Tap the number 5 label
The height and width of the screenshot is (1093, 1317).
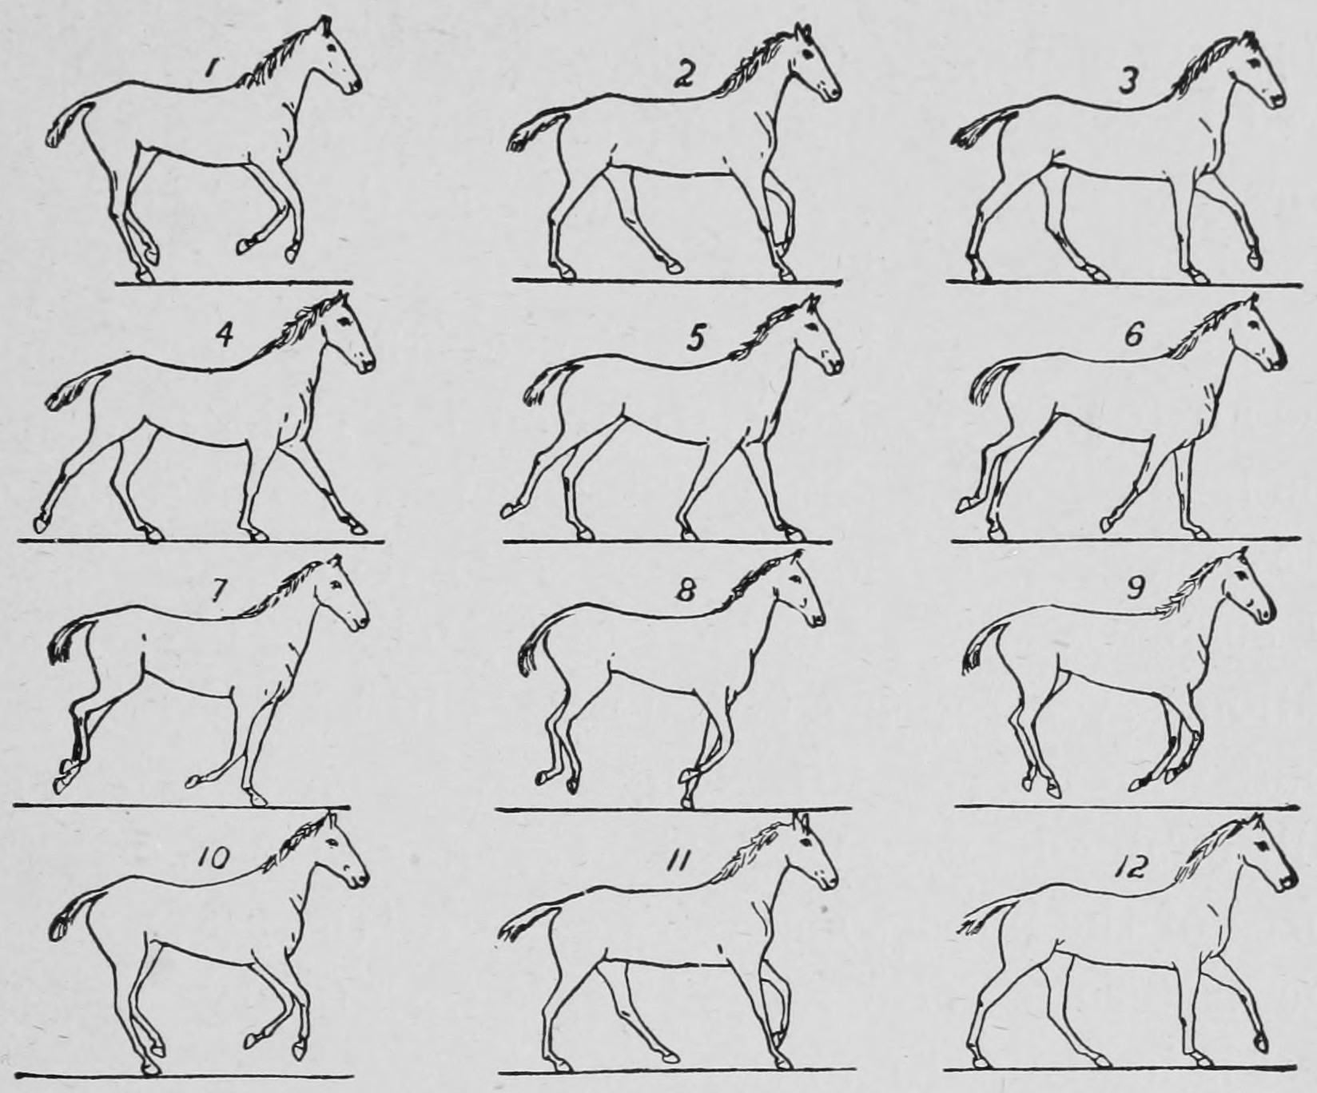[x=696, y=339]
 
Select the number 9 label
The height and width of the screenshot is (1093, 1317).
[x=1136, y=587]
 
